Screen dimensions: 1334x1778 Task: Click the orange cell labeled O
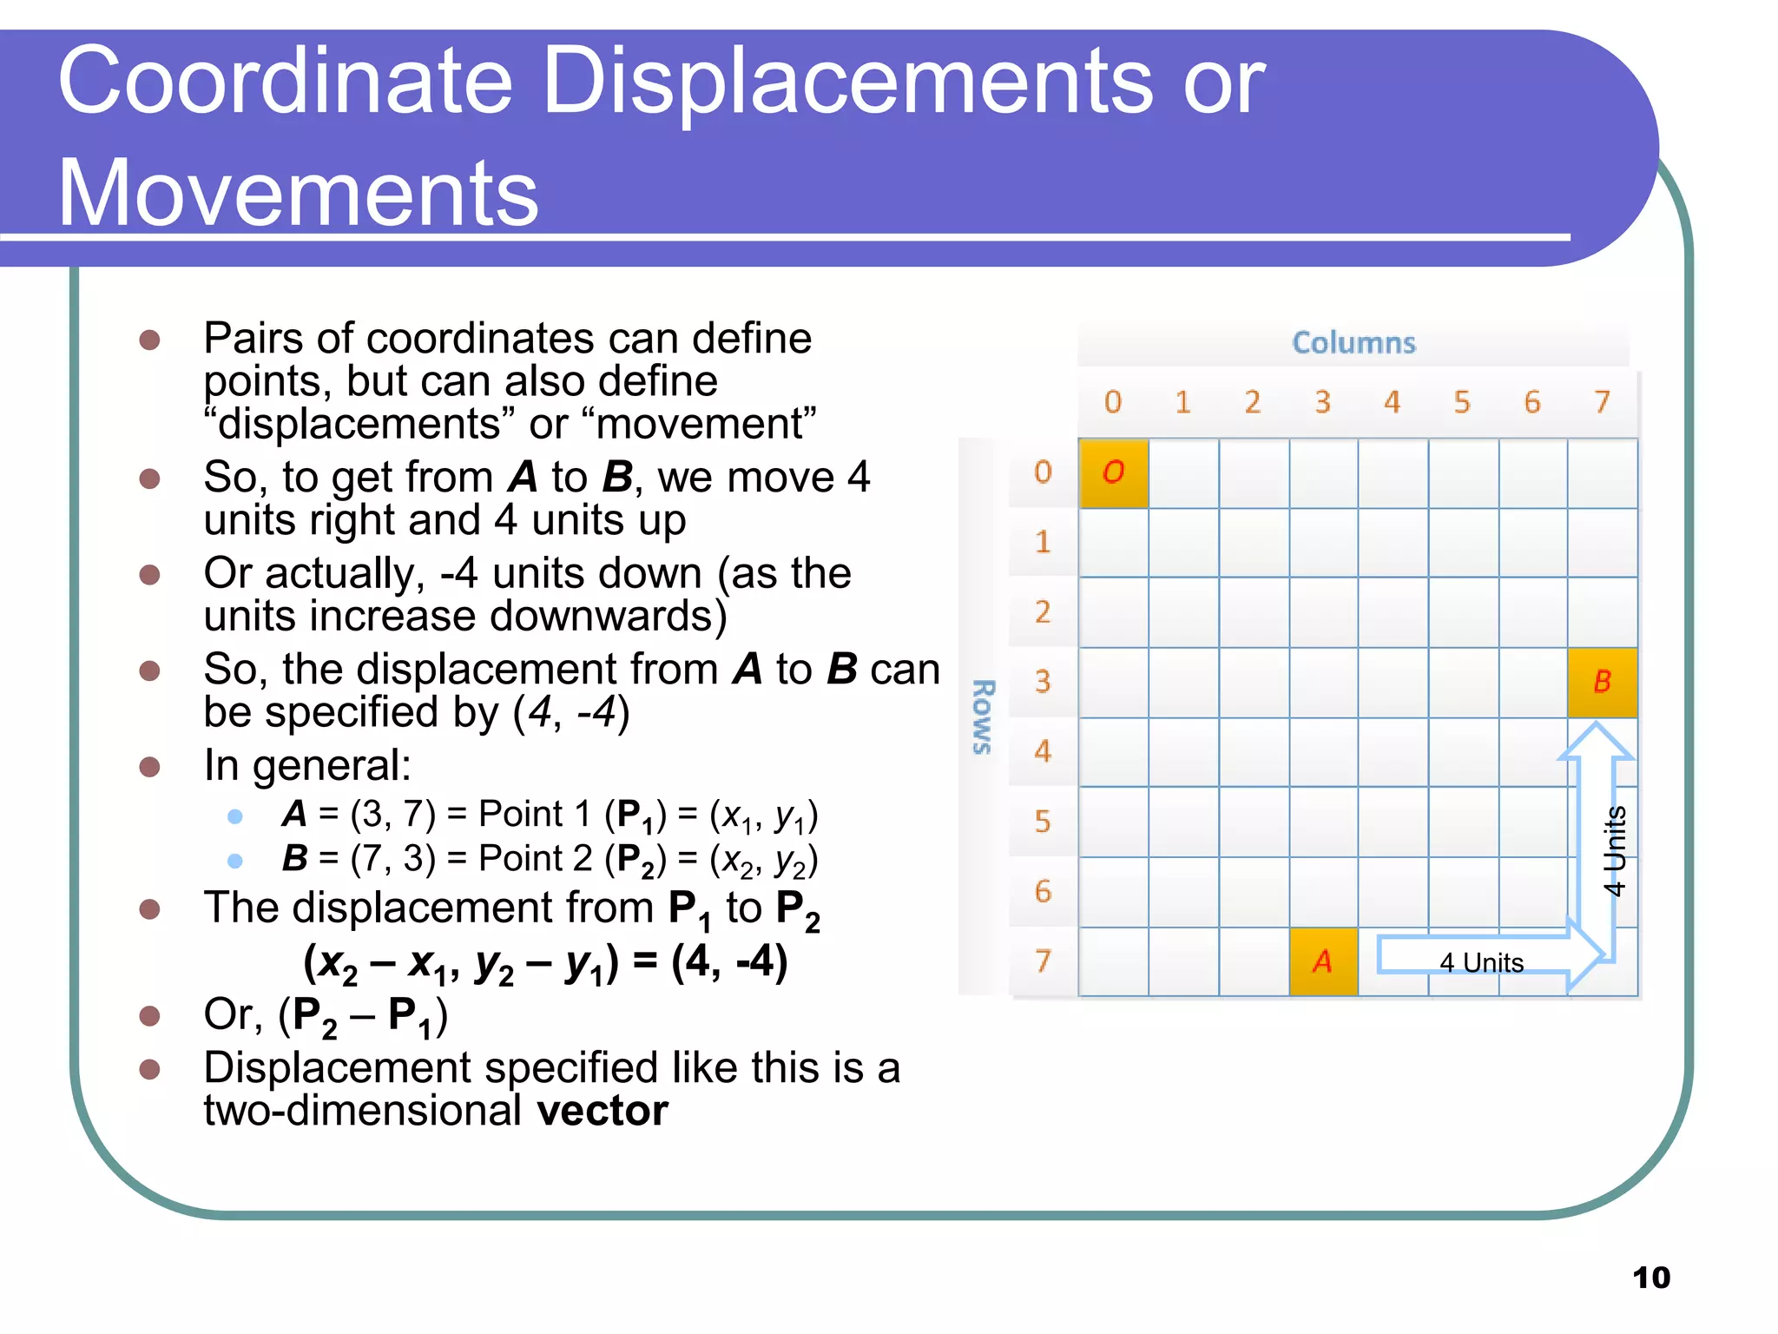click(x=1113, y=472)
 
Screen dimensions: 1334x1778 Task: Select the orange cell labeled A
click(x=1323, y=961)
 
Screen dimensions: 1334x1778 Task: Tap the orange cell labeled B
click(x=1602, y=682)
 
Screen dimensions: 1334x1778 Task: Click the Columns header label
click(x=1353, y=343)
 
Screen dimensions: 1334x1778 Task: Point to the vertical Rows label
click(x=982, y=717)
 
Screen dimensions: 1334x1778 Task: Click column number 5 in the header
click(x=1462, y=402)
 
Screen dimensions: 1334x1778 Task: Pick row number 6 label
click(x=1043, y=891)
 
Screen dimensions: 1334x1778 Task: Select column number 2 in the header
click(x=1252, y=402)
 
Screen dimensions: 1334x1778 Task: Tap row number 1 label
click(x=1043, y=542)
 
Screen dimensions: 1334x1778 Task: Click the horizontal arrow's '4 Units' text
click(x=1481, y=962)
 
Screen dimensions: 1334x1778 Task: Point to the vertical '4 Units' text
click(x=1614, y=851)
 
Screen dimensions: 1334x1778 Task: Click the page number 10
click(x=1650, y=1278)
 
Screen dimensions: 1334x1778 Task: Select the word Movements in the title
click(x=299, y=193)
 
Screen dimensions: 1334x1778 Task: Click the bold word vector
click(x=603, y=1111)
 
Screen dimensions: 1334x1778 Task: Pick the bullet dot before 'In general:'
click(x=150, y=766)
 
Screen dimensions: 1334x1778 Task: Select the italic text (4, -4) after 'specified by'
click(x=570, y=713)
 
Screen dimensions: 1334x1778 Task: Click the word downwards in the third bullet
click(x=608, y=616)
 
